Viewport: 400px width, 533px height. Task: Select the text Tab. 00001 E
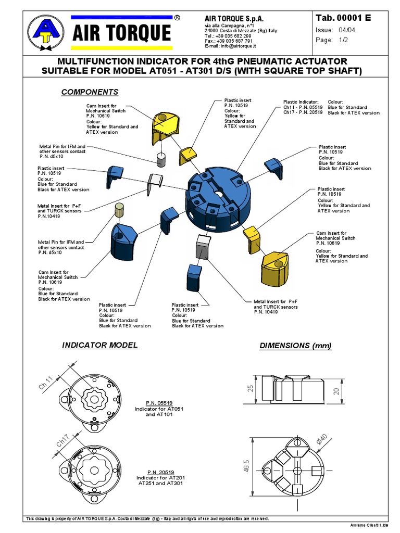tap(343, 18)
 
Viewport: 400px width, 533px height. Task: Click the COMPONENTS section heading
tap(90, 92)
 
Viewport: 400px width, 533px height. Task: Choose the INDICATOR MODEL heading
tap(99, 345)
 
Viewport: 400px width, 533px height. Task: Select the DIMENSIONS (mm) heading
tap(295, 346)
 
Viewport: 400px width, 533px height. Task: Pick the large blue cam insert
tap(123, 240)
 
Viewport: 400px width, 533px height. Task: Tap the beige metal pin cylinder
tap(119, 210)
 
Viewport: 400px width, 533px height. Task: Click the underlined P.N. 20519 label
tap(160, 472)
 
